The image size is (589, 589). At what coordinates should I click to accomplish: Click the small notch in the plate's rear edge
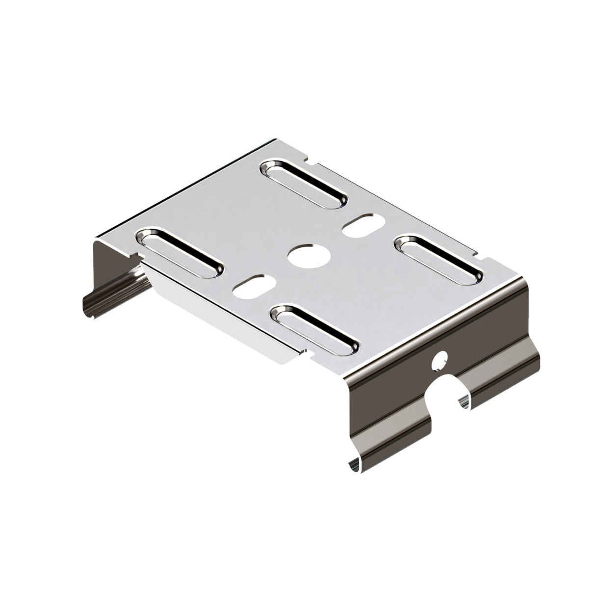[x=308, y=160]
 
